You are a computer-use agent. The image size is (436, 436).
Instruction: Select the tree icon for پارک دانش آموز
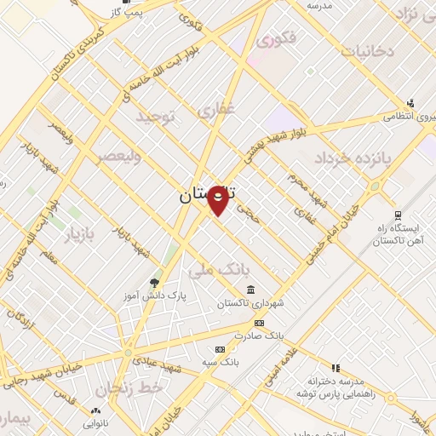[x=154, y=284]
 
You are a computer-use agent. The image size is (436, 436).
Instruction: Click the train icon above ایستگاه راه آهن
[x=398, y=215]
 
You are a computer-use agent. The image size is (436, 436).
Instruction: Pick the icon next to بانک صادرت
[x=259, y=324]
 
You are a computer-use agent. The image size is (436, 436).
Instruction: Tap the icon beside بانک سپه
[x=221, y=349]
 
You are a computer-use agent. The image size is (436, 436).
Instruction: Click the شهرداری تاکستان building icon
[x=250, y=290]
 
